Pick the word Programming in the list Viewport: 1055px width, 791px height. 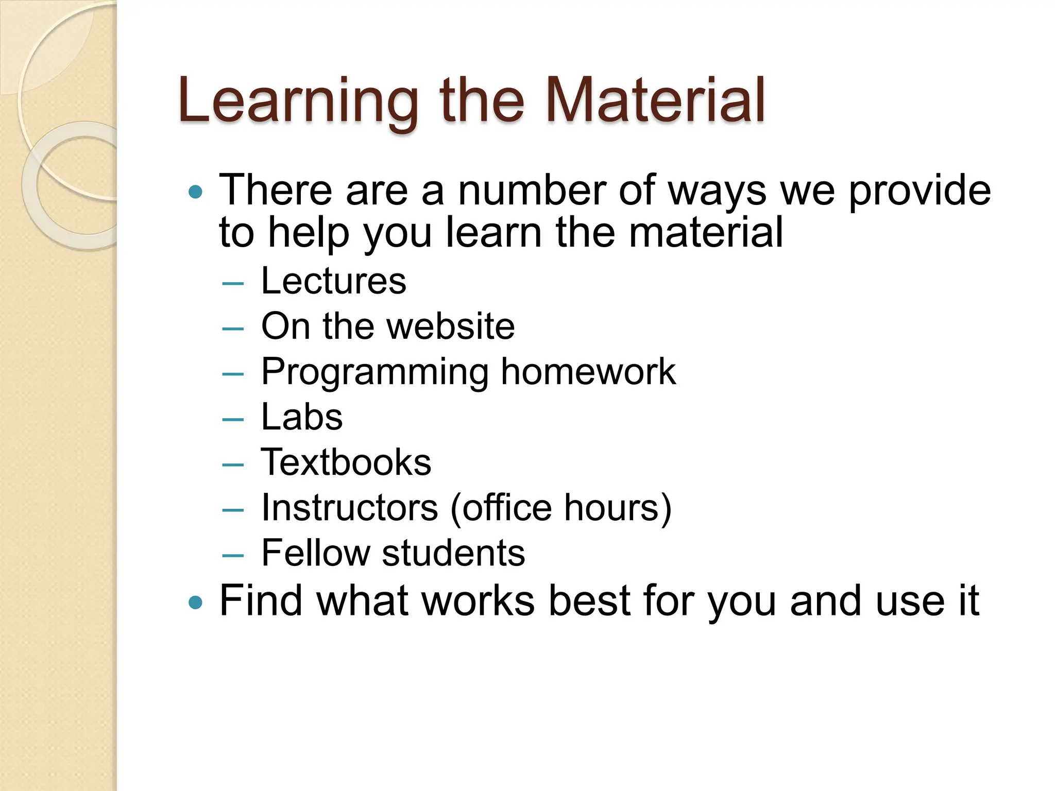click(375, 373)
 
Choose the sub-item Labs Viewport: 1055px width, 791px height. click(302, 417)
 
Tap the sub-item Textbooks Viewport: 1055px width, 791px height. click(346, 462)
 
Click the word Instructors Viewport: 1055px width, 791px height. click(349, 508)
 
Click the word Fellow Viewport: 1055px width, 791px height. click(315, 553)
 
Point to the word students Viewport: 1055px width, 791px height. click(453, 553)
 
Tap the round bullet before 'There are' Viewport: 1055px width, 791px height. click(196, 193)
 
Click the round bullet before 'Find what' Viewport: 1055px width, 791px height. click(196, 602)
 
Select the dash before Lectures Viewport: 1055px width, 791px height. click(233, 283)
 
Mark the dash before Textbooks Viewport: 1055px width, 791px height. click(233, 465)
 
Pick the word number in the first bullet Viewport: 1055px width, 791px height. click(532, 191)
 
